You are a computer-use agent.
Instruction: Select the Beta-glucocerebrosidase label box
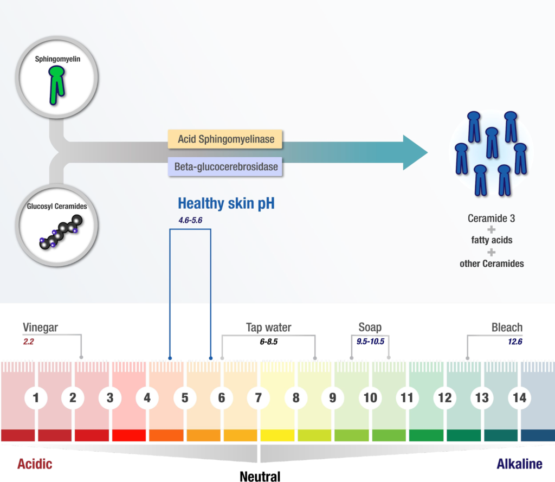(225, 167)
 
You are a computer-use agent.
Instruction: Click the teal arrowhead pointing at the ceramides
(414, 152)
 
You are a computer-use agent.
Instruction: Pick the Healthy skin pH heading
(226, 204)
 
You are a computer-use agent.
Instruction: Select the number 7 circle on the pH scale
(258, 398)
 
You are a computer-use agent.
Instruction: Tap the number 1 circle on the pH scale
(36, 398)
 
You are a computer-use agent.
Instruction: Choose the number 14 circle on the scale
(519, 398)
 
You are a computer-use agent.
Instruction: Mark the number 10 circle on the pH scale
(370, 398)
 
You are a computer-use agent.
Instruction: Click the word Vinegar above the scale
(40, 327)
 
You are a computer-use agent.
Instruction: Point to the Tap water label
(268, 327)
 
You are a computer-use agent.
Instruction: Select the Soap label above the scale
(370, 327)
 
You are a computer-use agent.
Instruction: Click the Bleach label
(507, 327)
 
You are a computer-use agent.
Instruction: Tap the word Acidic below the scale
(35, 464)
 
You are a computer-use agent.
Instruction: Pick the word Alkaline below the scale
(519, 464)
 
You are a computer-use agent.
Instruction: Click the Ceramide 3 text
(491, 219)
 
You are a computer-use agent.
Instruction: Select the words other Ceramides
(492, 264)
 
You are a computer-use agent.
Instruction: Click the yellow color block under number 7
(277, 435)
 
